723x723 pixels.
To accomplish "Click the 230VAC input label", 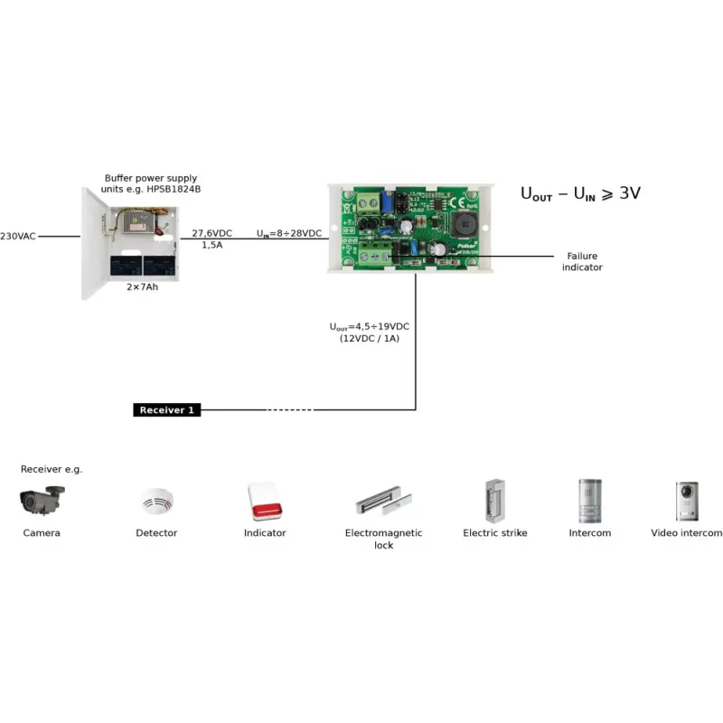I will (x=19, y=236).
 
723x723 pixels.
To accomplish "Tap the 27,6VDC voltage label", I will (x=211, y=233).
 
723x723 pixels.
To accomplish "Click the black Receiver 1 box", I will (x=167, y=410).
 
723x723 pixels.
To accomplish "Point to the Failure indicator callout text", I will (x=582, y=262).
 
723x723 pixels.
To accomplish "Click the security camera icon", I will (x=42, y=499).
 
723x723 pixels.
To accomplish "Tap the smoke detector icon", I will (x=156, y=502).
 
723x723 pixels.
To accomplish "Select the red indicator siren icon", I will (x=264, y=500).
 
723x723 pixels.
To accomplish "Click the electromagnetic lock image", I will (x=384, y=500).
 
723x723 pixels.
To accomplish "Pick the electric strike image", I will (x=494, y=499).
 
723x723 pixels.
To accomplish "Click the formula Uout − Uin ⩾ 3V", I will (x=580, y=192).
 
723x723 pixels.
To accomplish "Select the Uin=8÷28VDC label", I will (x=289, y=233).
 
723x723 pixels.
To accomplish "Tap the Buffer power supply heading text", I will (x=151, y=184).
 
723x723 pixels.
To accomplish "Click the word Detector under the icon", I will (x=156, y=533).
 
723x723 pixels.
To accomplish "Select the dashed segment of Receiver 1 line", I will (x=289, y=410).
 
